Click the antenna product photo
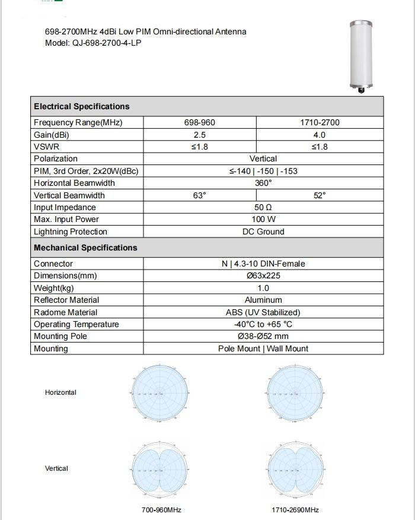[x=361, y=56]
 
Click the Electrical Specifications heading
[x=81, y=107]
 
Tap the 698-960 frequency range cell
[x=199, y=123]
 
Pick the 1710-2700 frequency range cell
[x=320, y=123]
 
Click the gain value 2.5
[x=199, y=135]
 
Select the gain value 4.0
[x=320, y=135]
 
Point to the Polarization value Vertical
[x=263, y=159]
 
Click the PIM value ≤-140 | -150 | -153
[x=263, y=171]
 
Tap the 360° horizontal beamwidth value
[x=263, y=183]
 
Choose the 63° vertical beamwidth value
[x=199, y=195]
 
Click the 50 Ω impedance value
[x=263, y=208]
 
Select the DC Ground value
[x=263, y=232]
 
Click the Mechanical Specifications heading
[x=85, y=248]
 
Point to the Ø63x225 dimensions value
[x=263, y=276]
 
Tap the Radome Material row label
[x=65, y=312]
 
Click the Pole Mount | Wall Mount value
[x=263, y=349]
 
